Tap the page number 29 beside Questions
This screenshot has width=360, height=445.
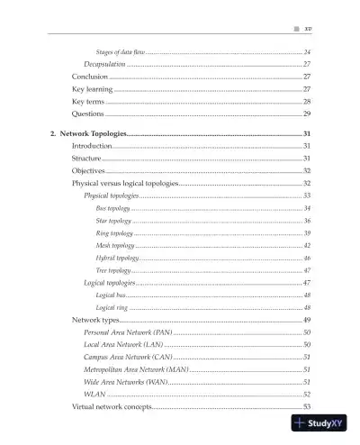(307, 115)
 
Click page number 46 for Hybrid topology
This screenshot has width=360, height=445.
(307, 259)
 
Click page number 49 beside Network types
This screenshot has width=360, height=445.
(307, 321)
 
